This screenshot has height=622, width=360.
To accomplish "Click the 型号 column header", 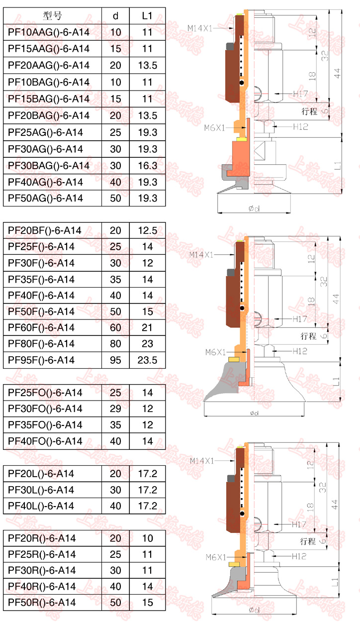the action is click(52, 16).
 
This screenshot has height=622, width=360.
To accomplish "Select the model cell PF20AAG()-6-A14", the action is click(49, 65).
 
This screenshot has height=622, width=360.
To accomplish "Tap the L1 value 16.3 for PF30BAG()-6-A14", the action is click(147, 166).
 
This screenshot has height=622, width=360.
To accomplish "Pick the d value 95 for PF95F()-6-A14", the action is click(115, 360).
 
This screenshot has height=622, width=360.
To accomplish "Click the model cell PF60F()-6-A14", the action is click(41, 327).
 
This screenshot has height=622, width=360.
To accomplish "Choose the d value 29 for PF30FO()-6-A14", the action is click(115, 409).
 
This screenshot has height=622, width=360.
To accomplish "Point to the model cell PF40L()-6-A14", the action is click(41, 506).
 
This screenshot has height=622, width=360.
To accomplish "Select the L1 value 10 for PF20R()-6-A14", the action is click(147, 538).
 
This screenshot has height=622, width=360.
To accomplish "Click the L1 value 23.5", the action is click(147, 360).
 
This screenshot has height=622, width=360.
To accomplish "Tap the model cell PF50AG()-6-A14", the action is click(45, 198).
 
